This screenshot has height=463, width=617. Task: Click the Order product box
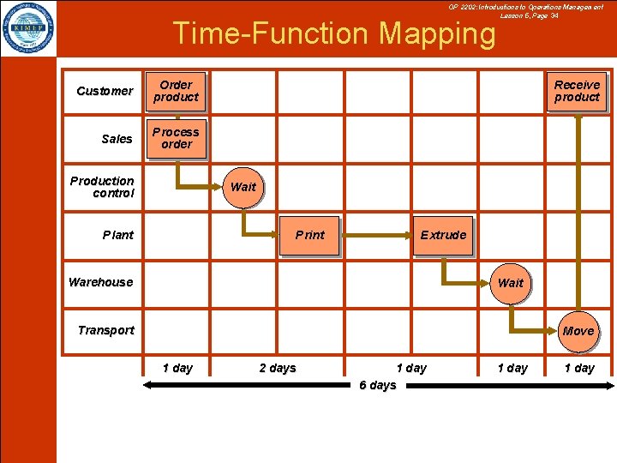(176, 91)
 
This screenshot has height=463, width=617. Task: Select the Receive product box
(577, 91)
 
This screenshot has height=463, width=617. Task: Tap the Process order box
(176, 138)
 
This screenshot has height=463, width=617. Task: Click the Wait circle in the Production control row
(243, 186)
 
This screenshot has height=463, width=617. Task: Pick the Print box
(309, 235)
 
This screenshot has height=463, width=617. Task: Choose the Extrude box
(443, 235)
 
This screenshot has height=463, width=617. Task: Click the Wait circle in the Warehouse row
(510, 282)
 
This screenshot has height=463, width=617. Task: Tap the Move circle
(578, 330)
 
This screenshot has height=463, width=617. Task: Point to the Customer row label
(105, 91)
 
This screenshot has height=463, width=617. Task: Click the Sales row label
(117, 139)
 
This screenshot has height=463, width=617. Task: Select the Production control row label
(102, 187)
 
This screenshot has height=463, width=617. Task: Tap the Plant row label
(118, 235)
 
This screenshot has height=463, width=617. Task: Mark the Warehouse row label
(101, 282)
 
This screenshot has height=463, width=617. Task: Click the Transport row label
(105, 330)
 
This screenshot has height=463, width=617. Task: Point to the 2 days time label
(278, 368)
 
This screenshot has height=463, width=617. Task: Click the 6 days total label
(377, 385)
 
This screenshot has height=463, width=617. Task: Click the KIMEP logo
(27, 27)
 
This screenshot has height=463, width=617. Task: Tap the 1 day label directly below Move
(578, 368)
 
